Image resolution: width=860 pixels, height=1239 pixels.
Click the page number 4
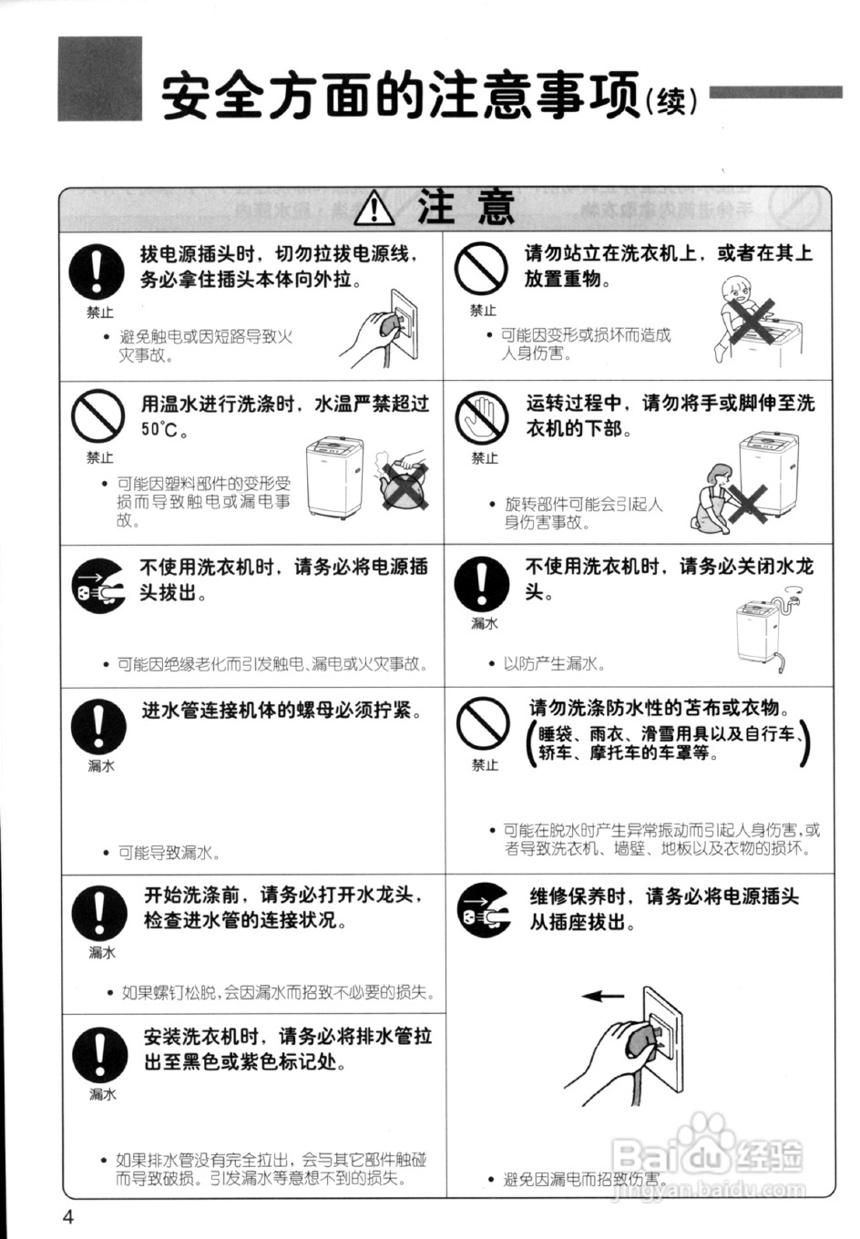point(68,1215)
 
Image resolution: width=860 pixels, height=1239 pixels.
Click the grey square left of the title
point(100,78)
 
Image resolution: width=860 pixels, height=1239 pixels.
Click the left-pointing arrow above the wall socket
point(603,996)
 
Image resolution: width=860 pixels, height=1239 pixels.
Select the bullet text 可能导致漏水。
point(169,853)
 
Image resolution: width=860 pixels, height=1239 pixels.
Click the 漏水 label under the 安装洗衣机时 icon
point(102,1094)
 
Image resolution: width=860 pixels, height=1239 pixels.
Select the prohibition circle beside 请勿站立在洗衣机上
point(480,271)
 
